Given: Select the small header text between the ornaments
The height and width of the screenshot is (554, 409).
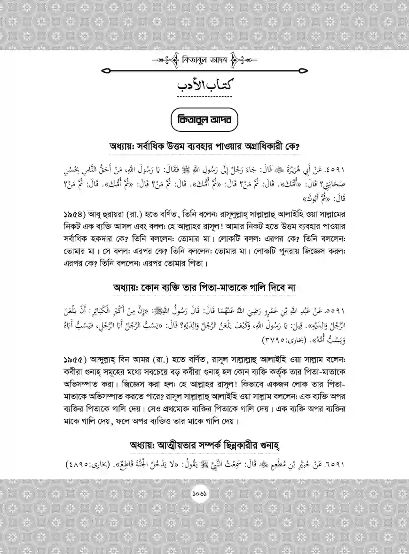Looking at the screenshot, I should [204, 60].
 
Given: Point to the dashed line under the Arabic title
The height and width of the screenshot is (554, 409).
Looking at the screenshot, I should [204, 97].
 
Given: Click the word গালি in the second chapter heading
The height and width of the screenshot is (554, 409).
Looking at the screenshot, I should [255, 287].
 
